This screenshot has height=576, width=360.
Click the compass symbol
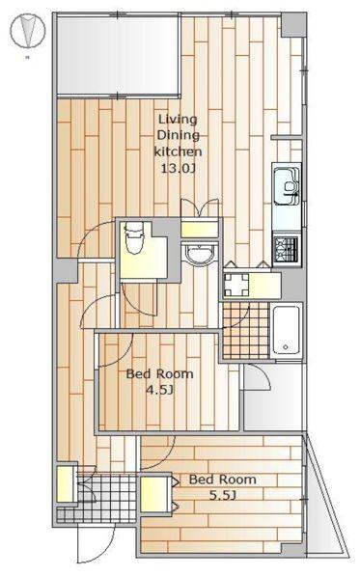(x=28, y=31)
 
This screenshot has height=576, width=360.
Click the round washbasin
(x=199, y=254)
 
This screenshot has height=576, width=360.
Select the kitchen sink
(x=287, y=186)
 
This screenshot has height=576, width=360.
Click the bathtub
(x=286, y=330)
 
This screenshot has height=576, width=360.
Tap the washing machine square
(x=236, y=285)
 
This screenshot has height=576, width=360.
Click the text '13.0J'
(x=178, y=169)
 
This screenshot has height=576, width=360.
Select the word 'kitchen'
(x=178, y=151)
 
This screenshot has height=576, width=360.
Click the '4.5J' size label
(x=159, y=390)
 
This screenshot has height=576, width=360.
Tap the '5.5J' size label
(x=222, y=496)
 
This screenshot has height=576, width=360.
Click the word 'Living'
(x=178, y=120)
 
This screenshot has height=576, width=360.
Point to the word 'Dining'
(x=179, y=135)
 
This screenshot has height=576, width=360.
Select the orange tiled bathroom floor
(x=246, y=330)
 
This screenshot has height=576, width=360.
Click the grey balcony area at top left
(x=118, y=55)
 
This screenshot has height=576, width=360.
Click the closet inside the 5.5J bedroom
(x=155, y=494)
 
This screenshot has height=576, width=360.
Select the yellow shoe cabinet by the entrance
(x=66, y=483)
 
